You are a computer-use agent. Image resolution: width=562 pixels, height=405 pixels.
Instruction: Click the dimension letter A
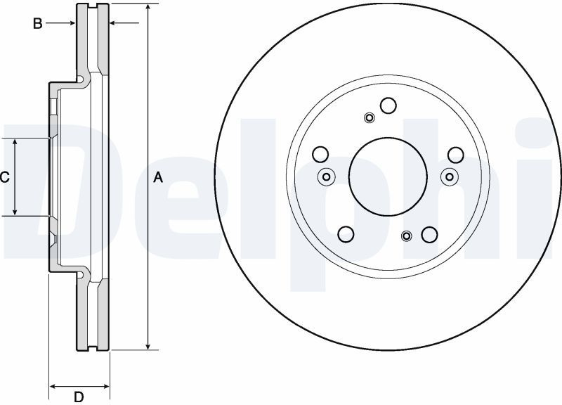pyautogui.click(x=158, y=177)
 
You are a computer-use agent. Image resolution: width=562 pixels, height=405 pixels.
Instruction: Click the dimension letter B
pyautogui.click(x=38, y=24)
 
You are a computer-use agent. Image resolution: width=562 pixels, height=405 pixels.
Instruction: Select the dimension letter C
pyautogui.click(x=4, y=177)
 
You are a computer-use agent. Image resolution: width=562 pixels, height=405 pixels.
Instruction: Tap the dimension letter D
pyautogui.click(x=79, y=397)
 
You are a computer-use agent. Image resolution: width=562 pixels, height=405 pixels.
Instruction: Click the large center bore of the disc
pyautogui.click(x=388, y=176)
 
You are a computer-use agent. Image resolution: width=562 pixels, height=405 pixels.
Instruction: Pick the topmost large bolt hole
pyautogui.click(x=388, y=105)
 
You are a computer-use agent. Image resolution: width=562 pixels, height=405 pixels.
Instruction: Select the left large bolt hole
pyautogui.click(x=320, y=154)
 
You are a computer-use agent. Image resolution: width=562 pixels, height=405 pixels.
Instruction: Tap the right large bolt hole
pyautogui.click(x=456, y=154)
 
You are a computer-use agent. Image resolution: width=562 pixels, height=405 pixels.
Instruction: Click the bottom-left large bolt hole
pyautogui.click(x=346, y=234)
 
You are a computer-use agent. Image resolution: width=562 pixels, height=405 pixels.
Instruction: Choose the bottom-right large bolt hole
pyautogui.click(x=429, y=235)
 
